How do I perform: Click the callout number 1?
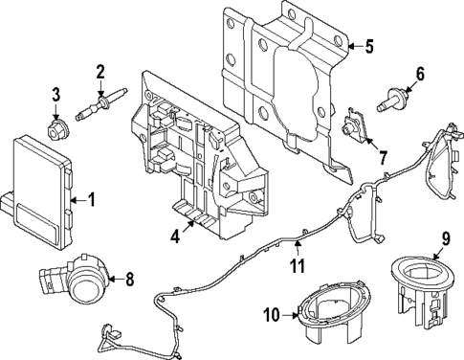click(92, 199)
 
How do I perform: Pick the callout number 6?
click(419, 73)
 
